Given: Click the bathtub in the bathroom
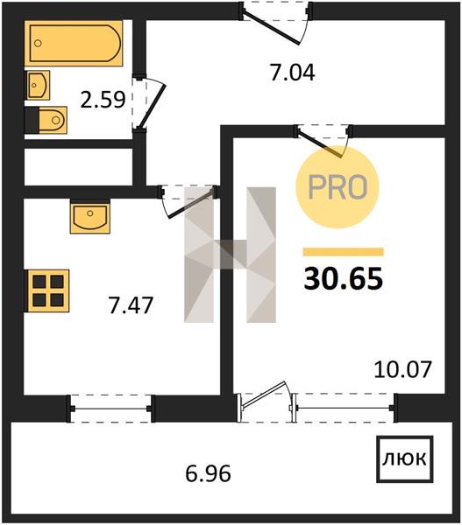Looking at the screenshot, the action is coord(74,43).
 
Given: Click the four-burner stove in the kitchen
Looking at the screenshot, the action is coord(48,291).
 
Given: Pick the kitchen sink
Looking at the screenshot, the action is coord(90,217).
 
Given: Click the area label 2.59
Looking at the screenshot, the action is coord(103,100).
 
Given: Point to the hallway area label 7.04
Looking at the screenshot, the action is coord(293,73).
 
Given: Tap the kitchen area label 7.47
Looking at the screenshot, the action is coord(131,305).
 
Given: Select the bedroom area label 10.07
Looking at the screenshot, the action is coord(402,369).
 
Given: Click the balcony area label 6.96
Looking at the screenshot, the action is coord(208,473).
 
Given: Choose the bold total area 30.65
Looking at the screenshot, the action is coord(344,279).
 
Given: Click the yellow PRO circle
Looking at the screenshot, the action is coord(337,187).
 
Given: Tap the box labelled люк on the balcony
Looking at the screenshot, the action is coord(405,459).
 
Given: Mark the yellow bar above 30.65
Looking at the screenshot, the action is coord(344,252).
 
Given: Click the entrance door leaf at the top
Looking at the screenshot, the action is coord(271,28).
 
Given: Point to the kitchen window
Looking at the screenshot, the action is coord(110,409).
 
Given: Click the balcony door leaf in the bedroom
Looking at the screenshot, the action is coord(264,395).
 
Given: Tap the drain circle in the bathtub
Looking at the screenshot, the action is coord(39,43).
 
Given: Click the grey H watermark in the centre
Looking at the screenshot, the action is coord(231,255).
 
